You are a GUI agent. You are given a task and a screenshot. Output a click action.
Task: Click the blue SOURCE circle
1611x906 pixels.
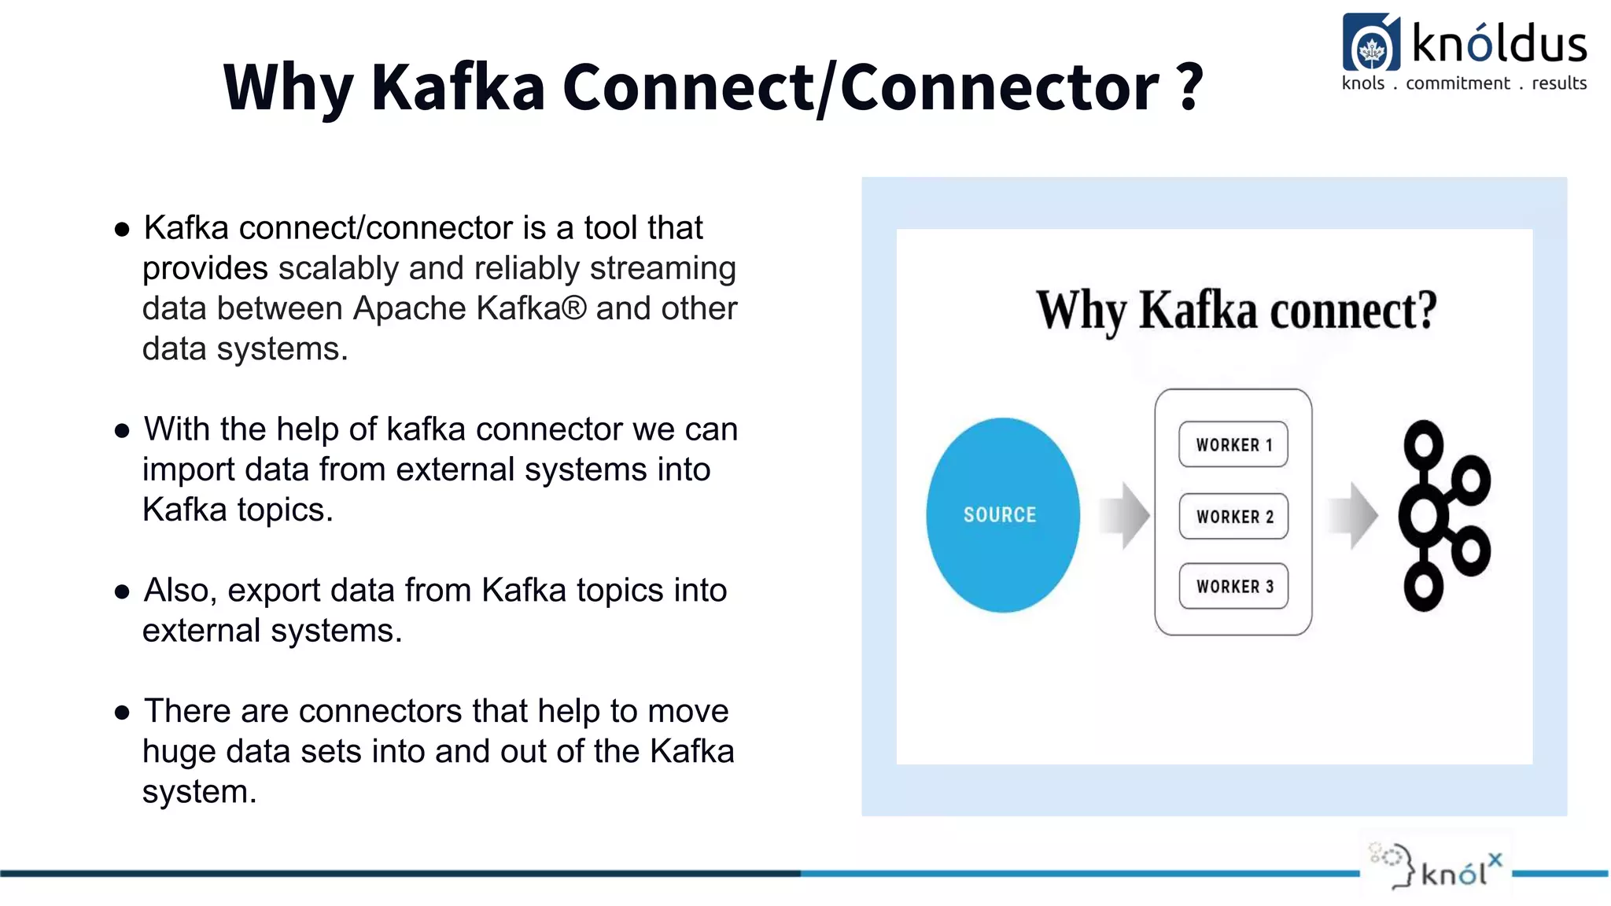click(x=1002, y=514)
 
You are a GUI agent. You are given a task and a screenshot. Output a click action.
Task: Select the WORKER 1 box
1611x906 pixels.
click(x=1233, y=444)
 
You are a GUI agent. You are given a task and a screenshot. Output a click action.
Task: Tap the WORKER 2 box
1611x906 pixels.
click(x=1233, y=516)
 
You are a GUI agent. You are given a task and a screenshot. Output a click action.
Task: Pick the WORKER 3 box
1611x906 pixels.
click(x=1233, y=586)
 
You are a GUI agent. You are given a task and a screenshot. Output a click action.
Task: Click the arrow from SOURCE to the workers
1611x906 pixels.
click(x=1125, y=515)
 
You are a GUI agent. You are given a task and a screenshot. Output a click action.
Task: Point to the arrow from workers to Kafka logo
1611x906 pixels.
click(x=1352, y=515)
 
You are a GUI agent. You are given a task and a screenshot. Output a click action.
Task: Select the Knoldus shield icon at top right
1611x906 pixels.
click(x=1371, y=44)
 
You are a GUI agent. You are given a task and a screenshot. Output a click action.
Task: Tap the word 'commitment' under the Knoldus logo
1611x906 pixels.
click(x=1458, y=83)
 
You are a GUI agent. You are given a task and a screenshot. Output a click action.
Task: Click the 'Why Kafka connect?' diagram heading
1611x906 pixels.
click(x=1236, y=311)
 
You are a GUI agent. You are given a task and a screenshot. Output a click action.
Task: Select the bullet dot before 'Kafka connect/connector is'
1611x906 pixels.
click(x=122, y=230)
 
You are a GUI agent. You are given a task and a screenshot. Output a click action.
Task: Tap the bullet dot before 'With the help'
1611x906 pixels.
click(x=122, y=431)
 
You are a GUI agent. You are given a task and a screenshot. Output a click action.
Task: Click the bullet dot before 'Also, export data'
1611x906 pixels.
click(x=122, y=592)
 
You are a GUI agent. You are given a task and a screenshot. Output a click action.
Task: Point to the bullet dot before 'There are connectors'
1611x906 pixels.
click(x=122, y=713)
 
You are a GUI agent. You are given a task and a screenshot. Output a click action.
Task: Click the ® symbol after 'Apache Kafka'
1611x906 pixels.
click(x=574, y=308)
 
